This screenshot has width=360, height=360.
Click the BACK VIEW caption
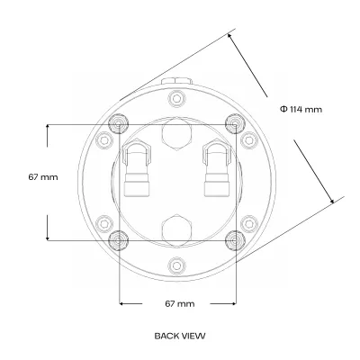pyautogui.click(x=180, y=336)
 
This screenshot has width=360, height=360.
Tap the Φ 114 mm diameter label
pyautogui.click(x=301, y=109)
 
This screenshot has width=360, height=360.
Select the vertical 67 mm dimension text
pyautogui.click(x=43, y=177)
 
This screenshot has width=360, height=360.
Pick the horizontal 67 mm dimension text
pyautogui.click(x=180, y=304)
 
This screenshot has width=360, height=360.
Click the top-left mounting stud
pyautogui.click(x=119, y=124)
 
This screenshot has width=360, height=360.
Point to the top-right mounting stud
pyautogui.click(x=235, y=123)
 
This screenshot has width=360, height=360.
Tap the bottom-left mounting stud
pyautogui.click(x=119, y=240)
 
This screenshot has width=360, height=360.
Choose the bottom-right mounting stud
pyautogui.click(x=235, y=240)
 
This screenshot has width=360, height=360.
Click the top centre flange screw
pyautogui.click(x=175, y=98)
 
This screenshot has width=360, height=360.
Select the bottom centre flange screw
pyautogui.click(x=175, y=265)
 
